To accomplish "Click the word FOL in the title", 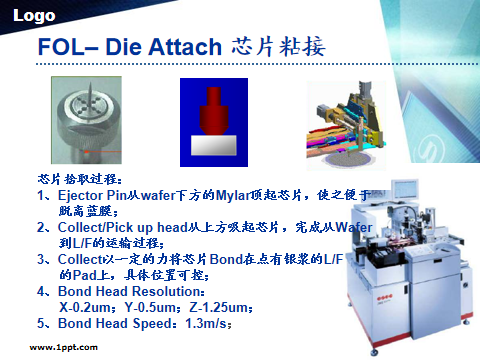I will (56, 48).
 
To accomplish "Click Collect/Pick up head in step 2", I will (114, 229).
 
